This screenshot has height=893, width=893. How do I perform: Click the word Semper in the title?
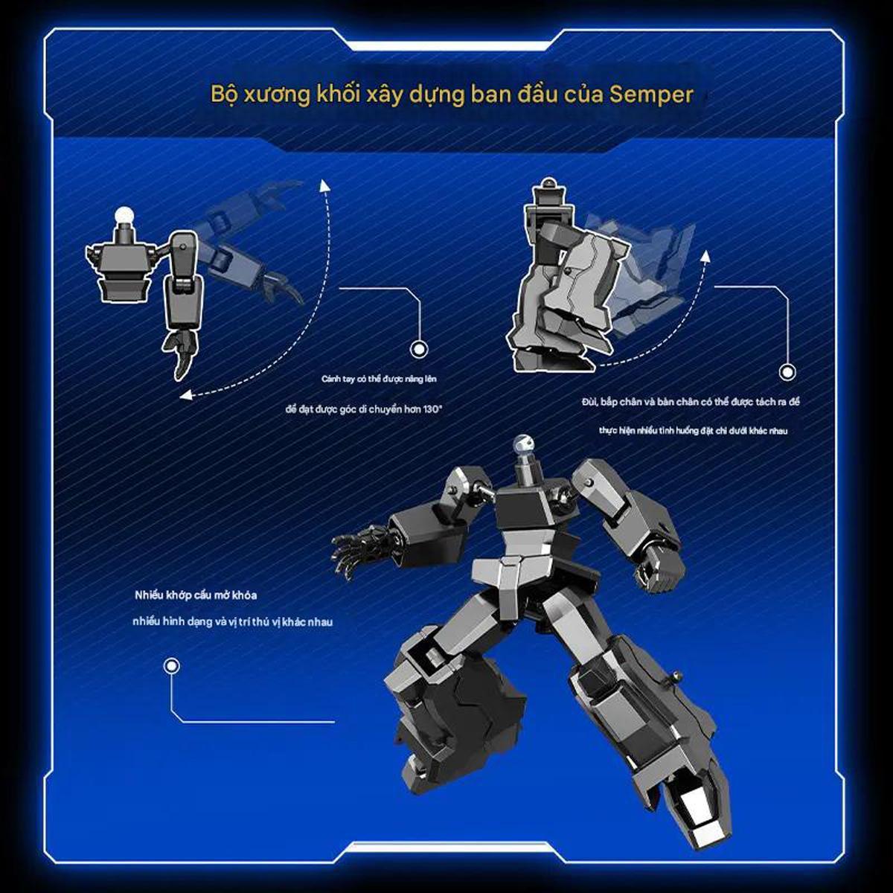(651, 95)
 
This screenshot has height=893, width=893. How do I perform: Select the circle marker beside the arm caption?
(419, 349)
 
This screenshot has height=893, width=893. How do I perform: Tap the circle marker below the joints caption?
(173, 667)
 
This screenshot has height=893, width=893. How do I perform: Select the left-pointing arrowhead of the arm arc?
(186, 396)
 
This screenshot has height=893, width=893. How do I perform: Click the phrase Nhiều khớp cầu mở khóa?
(196, 595)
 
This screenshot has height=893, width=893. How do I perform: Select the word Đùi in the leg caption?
(588, 402)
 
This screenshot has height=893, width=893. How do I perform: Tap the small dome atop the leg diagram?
(548, 182)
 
